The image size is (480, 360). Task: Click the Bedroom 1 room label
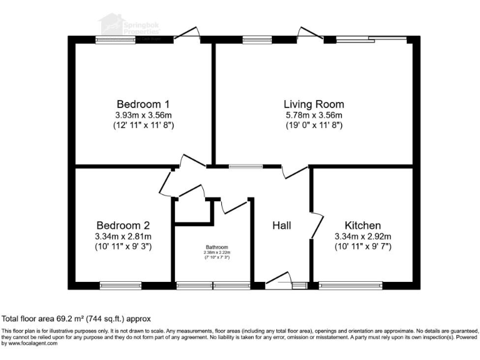(144, 104)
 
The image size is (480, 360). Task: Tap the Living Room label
(313, 104)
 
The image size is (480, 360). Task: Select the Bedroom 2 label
(123, 225)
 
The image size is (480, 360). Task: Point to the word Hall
(282, 225)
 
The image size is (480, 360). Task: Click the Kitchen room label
(362, 225)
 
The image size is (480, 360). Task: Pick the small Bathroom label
(214, 247)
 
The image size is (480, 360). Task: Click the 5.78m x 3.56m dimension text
(313, 115)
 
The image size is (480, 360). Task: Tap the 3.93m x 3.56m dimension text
(144, 115)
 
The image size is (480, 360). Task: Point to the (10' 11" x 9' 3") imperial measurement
(123, 246)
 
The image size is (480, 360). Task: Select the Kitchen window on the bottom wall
(351, 286)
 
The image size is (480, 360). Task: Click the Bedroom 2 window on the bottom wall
(120, 286)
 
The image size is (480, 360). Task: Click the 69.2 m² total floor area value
(64, 318)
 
